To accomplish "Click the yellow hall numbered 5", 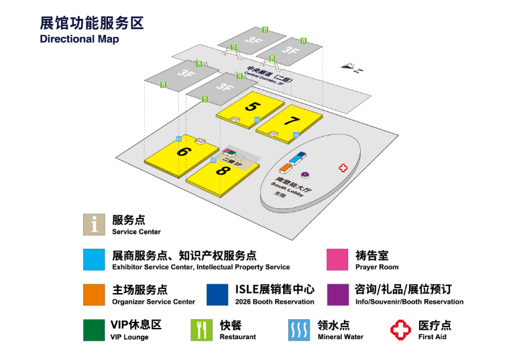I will pyautogui.click(x=249, y=107).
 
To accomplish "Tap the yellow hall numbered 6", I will pyautogui.click(x=182, y=154).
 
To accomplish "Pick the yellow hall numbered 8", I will pyautogui.click(x=222, y=171).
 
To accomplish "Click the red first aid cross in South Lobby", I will pyautogui.click(x=343, y=168).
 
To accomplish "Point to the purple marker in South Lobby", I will pyautogui.click(x=304, y=176).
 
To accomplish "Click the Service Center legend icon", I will pyautogui.click(x=93, y=225).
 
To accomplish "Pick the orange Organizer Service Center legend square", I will pyautogui.click(x=93, y=295).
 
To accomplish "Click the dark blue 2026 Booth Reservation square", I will pyautogui.click(x=217, y=295).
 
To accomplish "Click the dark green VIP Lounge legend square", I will pyautogui.click(x=93, y=330).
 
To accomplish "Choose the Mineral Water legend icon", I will pyautogui.click(x=299, y=330).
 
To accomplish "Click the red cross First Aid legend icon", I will pyautogui.click(x=400, y=330).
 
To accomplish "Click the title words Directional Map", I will pyautogui.click(x=79, y=39).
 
